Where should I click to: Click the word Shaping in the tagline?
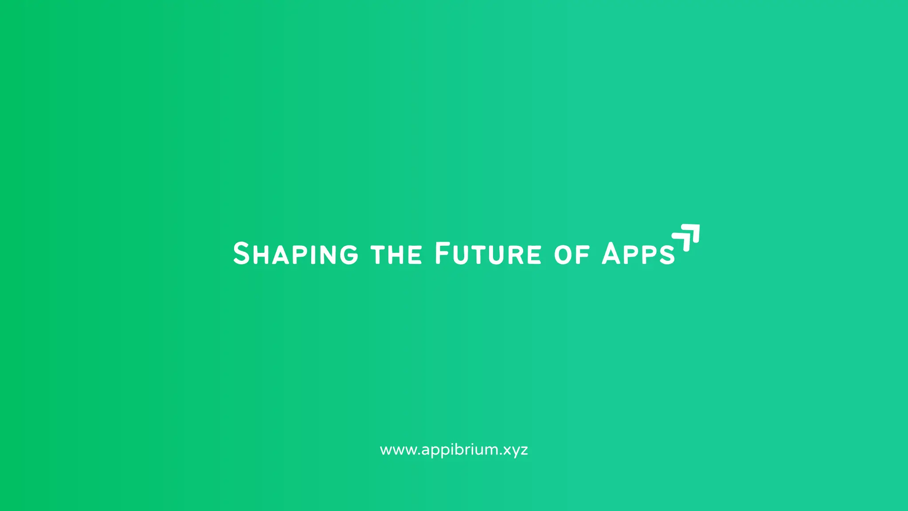pos(296,254)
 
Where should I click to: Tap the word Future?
pos(488,254)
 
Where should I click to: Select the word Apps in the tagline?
pos(638,254)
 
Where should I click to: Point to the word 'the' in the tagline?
pos(396,255)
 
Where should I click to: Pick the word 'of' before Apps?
pos(572,255)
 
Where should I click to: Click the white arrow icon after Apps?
pos(687,237)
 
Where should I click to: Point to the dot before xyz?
pos(501,454)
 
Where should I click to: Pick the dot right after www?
pos(419,454)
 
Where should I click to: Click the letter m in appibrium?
pos(492,450)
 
